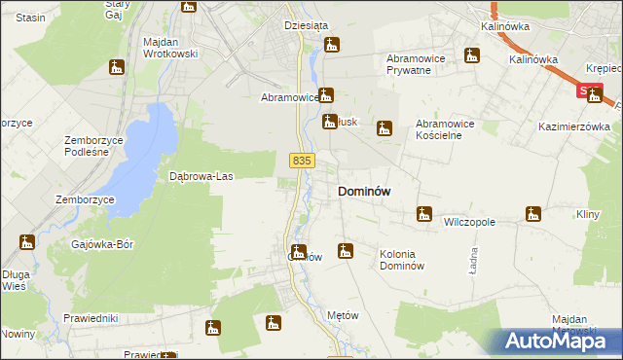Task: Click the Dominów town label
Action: tap(364, 192)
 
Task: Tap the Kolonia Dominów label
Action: tap(402, 260)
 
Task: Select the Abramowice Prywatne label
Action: tap(421, 64)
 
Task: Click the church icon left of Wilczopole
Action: tap(423, 213)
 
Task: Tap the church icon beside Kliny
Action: tap(532, 213)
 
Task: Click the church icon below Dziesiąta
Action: tap(332, 45)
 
